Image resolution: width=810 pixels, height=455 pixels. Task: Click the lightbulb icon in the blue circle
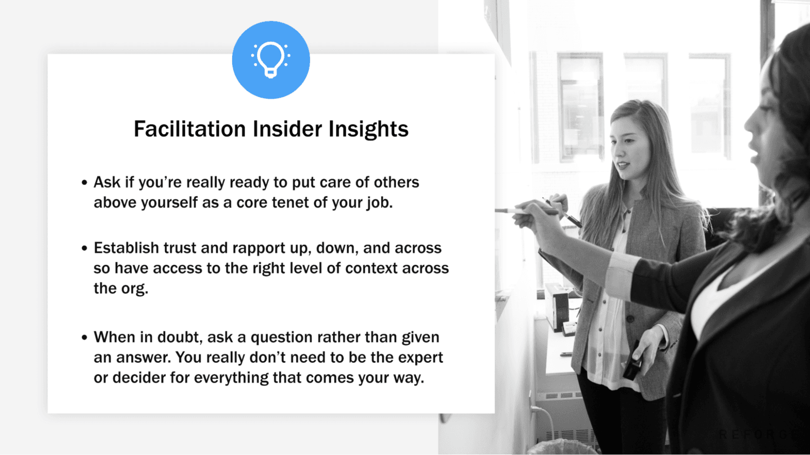[x=271, y=59]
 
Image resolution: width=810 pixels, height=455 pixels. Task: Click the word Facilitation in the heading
[x=190, y=129]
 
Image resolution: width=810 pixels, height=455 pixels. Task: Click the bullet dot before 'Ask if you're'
[x=84, y=183]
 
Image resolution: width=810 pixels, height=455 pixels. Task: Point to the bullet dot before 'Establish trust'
[x=84, y=249]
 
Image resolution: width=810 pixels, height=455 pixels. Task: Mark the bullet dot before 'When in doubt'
[x=84, y=338]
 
